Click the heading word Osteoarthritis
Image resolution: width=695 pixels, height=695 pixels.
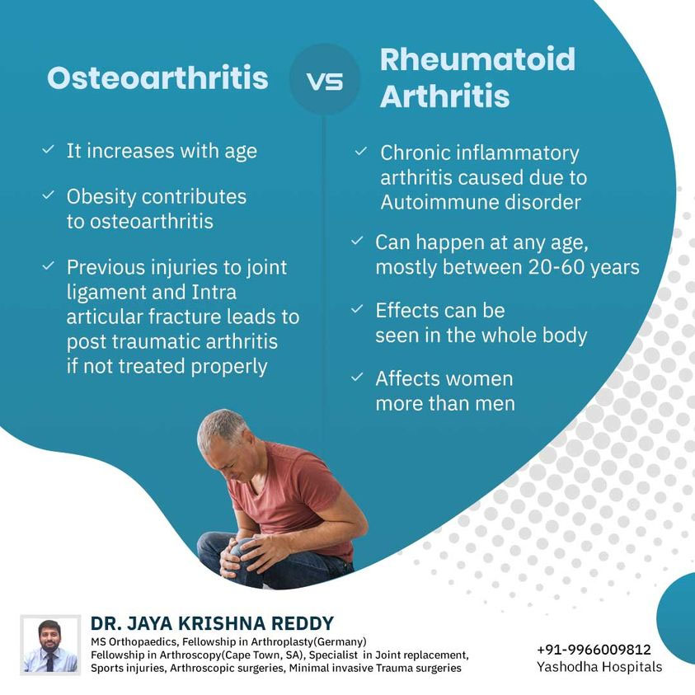(x=157, y=78)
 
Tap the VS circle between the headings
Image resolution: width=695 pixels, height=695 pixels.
(x=325, y=79)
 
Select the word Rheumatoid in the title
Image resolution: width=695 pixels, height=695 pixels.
(x=477, y=59)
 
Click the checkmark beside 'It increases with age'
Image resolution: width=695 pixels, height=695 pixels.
(x=49, y=149)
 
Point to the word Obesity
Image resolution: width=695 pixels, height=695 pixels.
(x=101, y=196)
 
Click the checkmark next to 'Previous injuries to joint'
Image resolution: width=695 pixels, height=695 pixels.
(x=49, y=265)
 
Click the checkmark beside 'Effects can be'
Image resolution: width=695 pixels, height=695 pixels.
(x=357, y=308)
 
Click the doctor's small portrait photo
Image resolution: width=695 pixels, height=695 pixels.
(x=50, y=645)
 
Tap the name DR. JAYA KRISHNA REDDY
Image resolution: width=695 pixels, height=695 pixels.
(x=213, y=623)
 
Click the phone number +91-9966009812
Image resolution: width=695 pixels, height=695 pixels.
(x=594, y=650)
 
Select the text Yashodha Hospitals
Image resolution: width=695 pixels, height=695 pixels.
(x=599, y=667)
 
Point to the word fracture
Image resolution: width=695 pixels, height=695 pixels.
(x=185, y=317)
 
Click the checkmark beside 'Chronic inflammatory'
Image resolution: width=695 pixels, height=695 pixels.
(x=361, y=151)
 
